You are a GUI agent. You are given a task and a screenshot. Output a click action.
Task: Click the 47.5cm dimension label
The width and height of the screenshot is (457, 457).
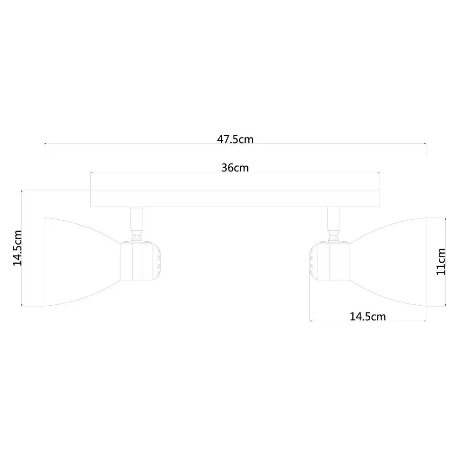[x=235, y=139]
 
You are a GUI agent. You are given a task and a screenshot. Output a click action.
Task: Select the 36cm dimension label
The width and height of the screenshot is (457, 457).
[x=235, y=168]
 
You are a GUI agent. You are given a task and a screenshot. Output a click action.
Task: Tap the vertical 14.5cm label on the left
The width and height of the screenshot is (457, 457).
[x=17, y=248]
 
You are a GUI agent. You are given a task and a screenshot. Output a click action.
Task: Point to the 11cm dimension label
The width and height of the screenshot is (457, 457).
[x=441, y=262]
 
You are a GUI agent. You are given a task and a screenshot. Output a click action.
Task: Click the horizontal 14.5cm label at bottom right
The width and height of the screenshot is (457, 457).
[x=367, y=317]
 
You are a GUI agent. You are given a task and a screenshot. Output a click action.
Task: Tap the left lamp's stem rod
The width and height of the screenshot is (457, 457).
[x=137, y=218]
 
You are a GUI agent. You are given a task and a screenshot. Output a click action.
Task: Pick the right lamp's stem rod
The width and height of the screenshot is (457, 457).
[x=334, y=218]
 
